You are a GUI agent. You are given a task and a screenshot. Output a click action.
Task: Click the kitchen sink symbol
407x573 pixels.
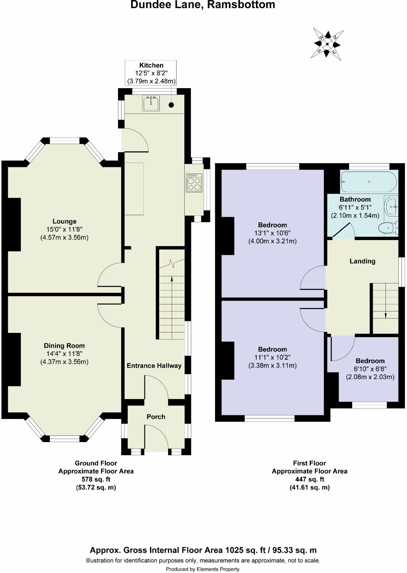point(151,103)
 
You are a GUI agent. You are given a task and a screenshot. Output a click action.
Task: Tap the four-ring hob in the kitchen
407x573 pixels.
point(194,183)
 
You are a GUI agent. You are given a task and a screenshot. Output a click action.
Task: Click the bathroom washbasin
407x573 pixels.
point(392,206)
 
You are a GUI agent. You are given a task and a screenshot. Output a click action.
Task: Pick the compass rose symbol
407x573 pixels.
point(327,44)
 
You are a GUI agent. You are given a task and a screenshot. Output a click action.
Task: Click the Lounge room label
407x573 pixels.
point(65,221)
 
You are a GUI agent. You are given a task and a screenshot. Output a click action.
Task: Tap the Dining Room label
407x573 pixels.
point(64,346)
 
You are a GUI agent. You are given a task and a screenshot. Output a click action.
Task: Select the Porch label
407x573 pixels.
point(156,417)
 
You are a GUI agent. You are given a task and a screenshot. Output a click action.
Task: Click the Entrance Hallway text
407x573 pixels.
point(154,366)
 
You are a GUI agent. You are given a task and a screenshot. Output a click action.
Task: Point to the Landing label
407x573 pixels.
point(363,261)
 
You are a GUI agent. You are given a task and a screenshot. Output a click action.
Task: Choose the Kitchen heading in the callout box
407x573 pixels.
point(151,65)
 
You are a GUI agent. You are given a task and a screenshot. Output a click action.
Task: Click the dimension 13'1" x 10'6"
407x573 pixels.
point(272,233)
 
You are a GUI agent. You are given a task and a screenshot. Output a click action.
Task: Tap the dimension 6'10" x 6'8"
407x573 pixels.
point(370,369)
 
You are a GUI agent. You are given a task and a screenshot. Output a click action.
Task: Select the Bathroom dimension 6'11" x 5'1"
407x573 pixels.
point(355,207)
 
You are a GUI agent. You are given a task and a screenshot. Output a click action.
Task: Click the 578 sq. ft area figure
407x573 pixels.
point(96,479)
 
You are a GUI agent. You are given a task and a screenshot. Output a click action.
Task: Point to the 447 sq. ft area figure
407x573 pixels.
point(310,479)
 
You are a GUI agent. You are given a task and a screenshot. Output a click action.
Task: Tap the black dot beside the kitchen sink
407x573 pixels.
point(171,105)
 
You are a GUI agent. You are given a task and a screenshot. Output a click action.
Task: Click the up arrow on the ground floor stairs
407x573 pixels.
point(172,283)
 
